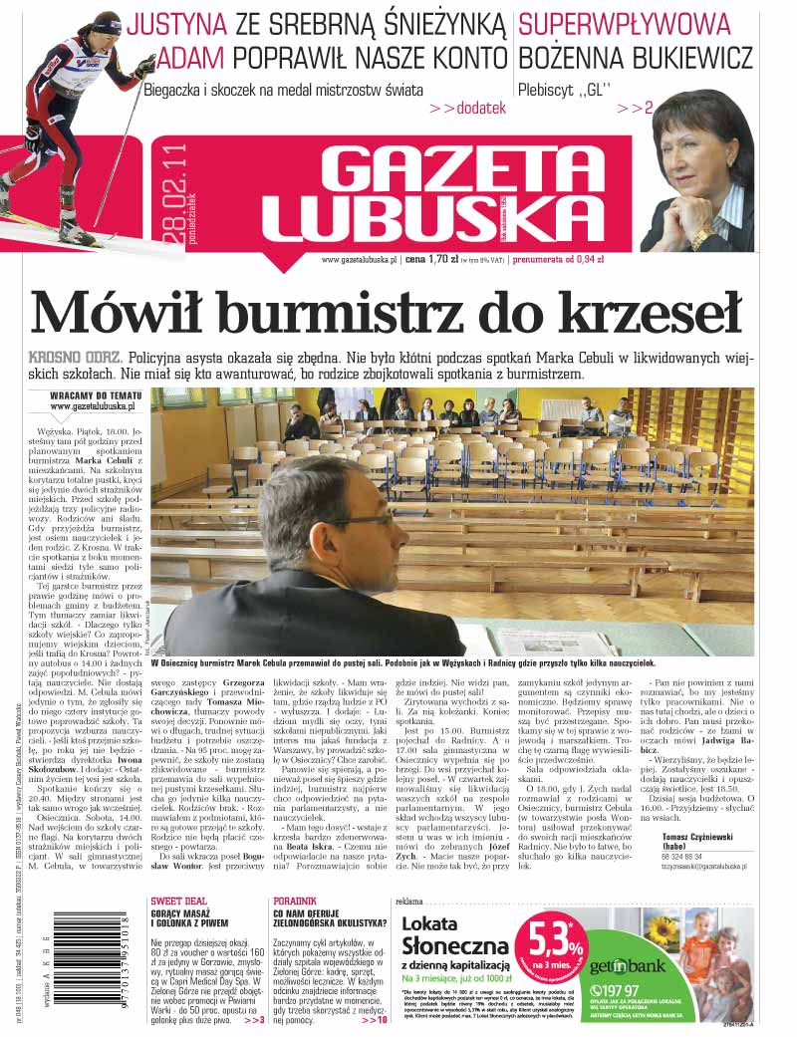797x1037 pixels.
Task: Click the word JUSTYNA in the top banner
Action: (x=178, y=25)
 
